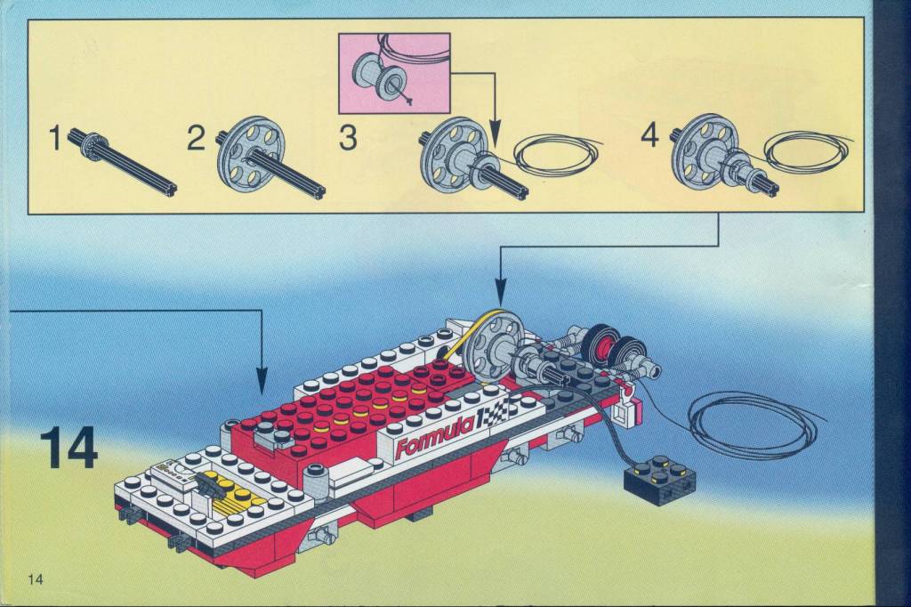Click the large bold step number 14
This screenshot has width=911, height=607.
click(69, 448)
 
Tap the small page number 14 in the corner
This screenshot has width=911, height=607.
click(36, 579)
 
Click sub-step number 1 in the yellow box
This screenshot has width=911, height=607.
click(55, 140)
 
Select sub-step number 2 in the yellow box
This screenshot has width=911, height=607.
click(197, 140)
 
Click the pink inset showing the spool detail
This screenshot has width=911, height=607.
click(394, 73)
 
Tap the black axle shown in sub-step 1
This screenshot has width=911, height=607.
click(124, 163)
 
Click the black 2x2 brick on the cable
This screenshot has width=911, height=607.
click(659, 479)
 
